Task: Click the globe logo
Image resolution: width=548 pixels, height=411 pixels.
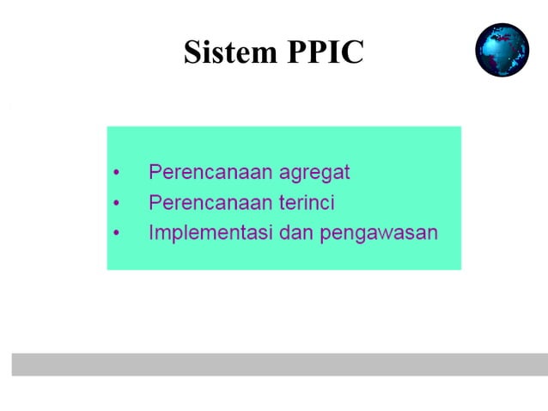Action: click(502, 50)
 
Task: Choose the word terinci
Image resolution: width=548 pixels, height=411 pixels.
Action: click(306, 203)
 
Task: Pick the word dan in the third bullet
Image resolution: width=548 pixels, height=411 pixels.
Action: click(295, 233)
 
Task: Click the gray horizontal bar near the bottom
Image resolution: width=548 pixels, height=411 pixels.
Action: click(279, 364)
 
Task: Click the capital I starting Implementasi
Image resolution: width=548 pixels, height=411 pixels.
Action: click(152, 232)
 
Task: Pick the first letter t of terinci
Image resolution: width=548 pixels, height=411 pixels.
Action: click(280, 203)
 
